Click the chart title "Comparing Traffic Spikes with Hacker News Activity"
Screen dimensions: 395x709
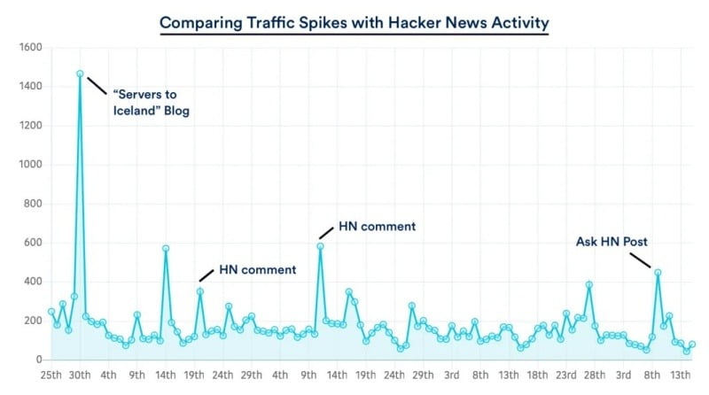(354, 20)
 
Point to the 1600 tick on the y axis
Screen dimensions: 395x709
(31, 48)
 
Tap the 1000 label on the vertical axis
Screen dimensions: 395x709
(31, 165)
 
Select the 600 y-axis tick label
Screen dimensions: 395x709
(33, 243)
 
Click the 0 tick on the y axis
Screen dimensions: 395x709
(39, 360)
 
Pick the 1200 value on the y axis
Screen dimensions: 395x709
(31, 126)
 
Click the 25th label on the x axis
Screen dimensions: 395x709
(51, 376)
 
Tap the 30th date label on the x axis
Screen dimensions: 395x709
(80, 376)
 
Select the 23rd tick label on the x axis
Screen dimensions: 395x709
(566, 376)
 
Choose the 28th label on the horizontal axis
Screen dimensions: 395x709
(595, 376)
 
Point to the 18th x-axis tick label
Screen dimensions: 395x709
(537, 376)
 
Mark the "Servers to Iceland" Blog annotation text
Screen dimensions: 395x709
(152, 104)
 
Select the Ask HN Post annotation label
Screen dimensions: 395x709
(612, 240)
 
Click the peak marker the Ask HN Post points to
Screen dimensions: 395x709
(658, 273)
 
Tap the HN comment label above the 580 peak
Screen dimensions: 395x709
(377, 227)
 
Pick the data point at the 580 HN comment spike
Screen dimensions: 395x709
(320, 246)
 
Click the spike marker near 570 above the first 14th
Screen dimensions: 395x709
(166, 249)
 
